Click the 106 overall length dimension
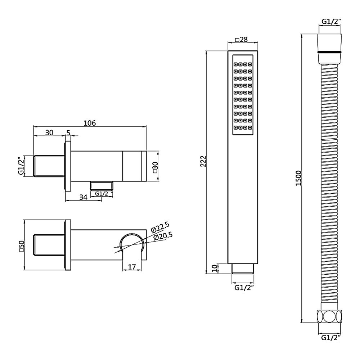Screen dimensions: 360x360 tap(89, 123)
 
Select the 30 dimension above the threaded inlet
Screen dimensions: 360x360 tap(49, 132)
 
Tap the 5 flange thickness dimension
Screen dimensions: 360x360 tap(68, 132)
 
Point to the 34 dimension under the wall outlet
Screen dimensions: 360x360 tap(83, 197)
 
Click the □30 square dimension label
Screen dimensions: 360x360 tap(155, 168)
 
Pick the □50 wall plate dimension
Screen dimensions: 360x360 tap(21, 245)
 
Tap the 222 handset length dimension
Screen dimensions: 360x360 tap(202, 161)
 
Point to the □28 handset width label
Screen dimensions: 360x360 tap(241, 40)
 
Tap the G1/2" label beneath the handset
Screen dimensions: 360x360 tap(244, 287)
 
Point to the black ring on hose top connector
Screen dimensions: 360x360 tap(330, 53)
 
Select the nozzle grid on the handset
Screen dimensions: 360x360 tap(243, 95)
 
